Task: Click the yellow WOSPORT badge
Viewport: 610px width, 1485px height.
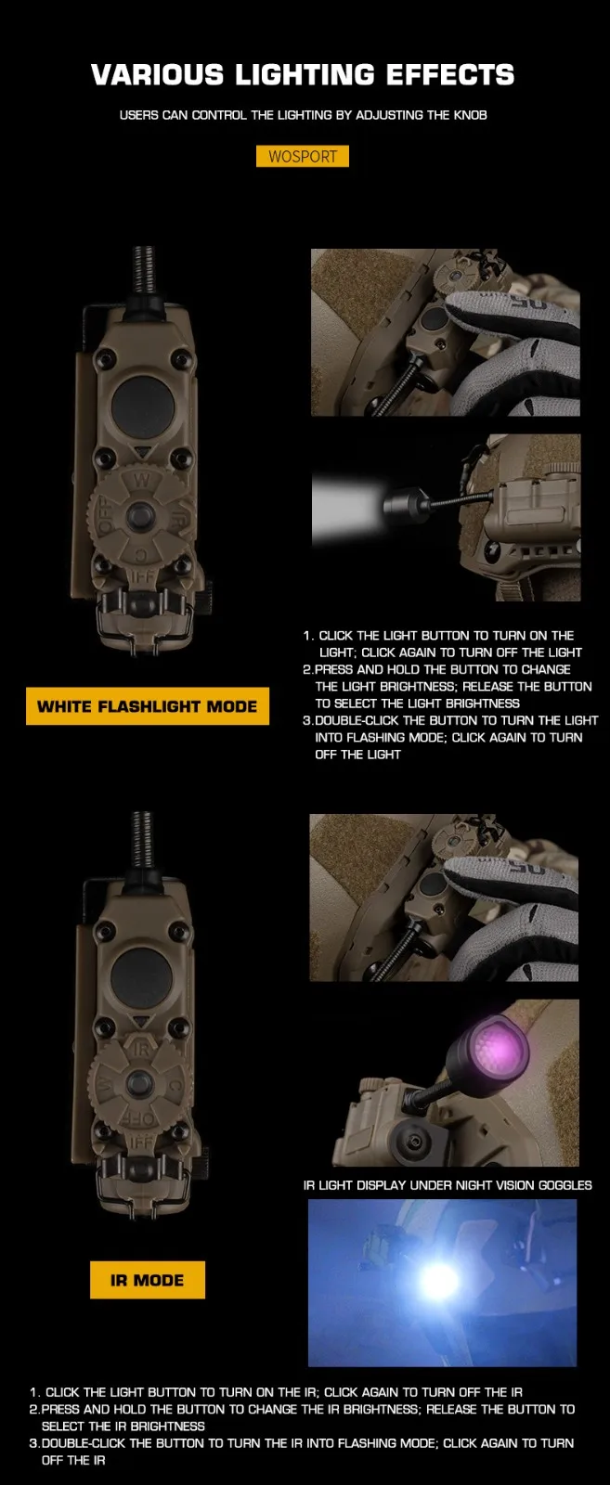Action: click(303, 157)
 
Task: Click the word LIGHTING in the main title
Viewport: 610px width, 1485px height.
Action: click(305, 75)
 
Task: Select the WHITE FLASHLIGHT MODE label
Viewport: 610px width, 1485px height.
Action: click(148, 706)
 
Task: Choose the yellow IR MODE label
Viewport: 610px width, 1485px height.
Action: click(148, 1280)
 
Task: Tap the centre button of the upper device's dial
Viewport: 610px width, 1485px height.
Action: click(140, 515)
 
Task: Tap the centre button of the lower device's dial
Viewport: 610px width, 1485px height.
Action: click(138, 1083)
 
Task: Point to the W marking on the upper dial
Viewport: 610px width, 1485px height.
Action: click(142, 480)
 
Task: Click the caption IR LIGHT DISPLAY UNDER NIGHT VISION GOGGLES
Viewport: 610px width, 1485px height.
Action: click(448, 1185)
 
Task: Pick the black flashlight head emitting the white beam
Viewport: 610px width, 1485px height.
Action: click(406, 505)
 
